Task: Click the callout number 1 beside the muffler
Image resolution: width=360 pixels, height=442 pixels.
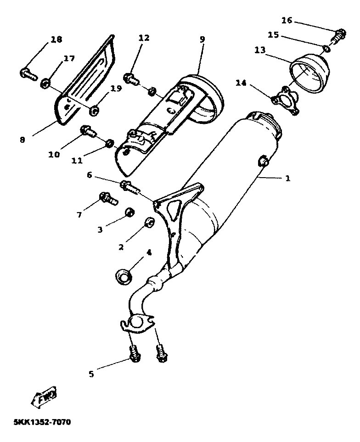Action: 288,178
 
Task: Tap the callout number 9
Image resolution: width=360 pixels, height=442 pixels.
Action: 202,39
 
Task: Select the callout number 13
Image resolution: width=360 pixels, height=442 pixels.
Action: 260,50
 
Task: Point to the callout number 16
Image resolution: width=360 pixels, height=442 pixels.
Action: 287,20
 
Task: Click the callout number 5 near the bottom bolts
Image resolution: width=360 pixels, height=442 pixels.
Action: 91,374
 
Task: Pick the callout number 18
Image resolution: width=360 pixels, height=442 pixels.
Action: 56,40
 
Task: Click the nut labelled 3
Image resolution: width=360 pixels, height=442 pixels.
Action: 130,213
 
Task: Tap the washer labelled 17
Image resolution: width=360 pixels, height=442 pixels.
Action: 45,83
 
